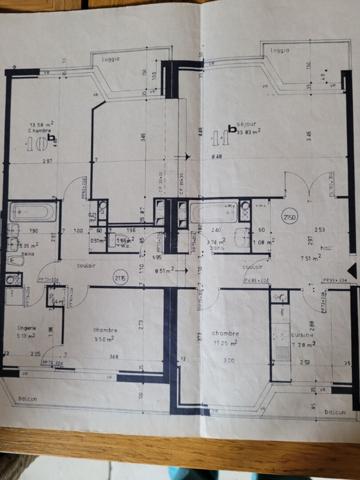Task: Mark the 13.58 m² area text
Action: tap(42, 126)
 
